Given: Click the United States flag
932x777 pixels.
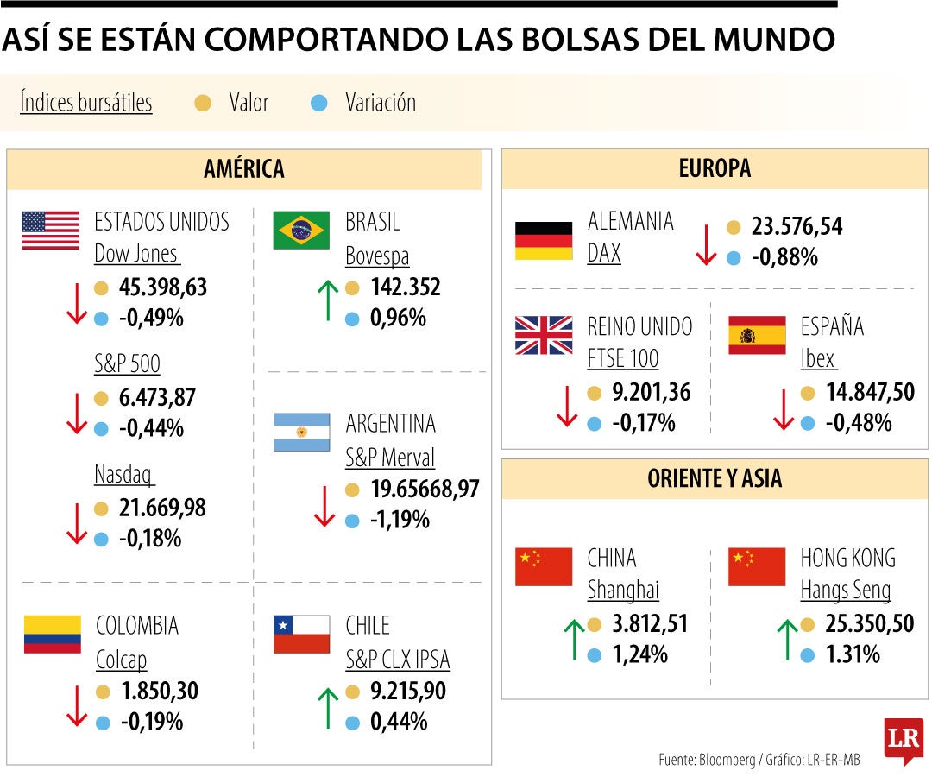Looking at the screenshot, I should pyautogui.click(x=50, y=231).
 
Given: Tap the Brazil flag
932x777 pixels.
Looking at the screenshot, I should pyautogui.click(x=301, y=231).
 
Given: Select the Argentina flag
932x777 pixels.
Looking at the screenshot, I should pyautogui.click(x=301, y=432).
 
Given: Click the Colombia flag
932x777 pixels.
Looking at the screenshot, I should pyautogui.click(x=52, y=634).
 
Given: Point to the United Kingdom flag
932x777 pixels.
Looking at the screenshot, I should pyautogui.click(x=544, y=335).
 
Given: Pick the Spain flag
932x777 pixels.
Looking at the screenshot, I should pyautogui.click(x=757, y=335).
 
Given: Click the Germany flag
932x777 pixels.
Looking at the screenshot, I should pyautogui.click(x=544, y=241).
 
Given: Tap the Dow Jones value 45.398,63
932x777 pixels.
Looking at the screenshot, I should pyautogui.click(x=162, y=287).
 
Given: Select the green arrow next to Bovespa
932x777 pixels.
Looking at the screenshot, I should pyautogui.click(x=327, y=300).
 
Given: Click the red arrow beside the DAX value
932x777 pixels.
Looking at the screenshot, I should pyautogui.click(x=706, y=244).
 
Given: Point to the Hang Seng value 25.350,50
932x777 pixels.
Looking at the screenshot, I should pyautogui.click(x=857, y=623).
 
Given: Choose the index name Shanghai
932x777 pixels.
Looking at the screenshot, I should pyautogui.click(x=623, y=591).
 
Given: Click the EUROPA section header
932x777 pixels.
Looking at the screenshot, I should pyautogui.click(x=715, y=169).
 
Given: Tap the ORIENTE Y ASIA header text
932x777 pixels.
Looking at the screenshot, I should pyautogui.click(x=715, y=479).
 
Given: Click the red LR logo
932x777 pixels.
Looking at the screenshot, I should pyautogui.click(x=903, y=741).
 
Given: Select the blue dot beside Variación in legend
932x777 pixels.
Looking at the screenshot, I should pyautogui.click(x=319, y=104).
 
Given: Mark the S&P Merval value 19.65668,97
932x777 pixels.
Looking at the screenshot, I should pyautogui.click(x=425, y=490).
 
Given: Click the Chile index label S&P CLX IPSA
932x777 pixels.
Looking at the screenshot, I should pyautogui.click(x=398, y=660).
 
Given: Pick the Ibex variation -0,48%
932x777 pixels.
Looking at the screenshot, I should pyautogui.click(x=859, y=424).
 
